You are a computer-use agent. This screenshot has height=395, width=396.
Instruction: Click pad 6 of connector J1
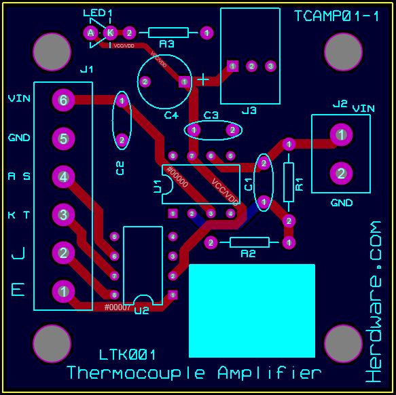(x=63, y=100)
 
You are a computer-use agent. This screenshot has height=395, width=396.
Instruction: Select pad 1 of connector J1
(x=63, y=291)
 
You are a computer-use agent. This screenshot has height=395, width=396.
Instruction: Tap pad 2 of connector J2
(x=341, y=173)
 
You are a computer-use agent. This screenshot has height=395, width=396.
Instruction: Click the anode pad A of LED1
(x=90, y=32)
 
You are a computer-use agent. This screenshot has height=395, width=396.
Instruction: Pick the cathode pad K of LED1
(x=109, y=32)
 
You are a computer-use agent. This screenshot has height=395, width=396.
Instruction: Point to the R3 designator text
(x=166, y=44)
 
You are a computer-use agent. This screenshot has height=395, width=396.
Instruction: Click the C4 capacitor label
(x=171, y=115)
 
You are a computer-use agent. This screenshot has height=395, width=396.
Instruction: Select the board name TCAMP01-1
(x=337, y=16)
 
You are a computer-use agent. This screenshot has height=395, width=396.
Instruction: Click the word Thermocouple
(x=139, y=373)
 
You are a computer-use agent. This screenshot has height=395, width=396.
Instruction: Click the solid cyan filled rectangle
(x=251, y=310)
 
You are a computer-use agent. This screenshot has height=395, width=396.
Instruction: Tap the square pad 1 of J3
(x=233, y=66)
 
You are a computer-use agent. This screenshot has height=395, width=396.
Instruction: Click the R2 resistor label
(x=249, y=254)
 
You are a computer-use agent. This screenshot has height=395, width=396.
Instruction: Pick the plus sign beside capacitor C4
(x=203, y=80)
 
